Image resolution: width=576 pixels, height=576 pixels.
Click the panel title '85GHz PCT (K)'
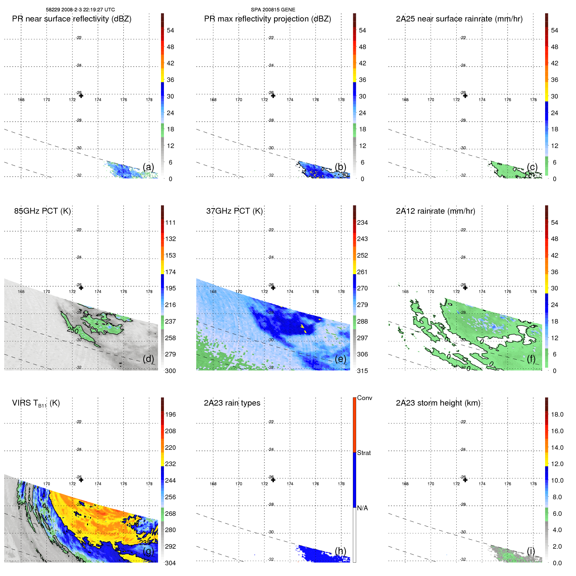42,211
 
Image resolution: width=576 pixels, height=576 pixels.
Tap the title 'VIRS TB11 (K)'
36,403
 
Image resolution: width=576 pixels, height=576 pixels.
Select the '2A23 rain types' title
232,403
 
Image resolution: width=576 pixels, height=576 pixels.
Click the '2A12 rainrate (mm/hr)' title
435,211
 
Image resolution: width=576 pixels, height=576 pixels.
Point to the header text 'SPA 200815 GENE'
273,10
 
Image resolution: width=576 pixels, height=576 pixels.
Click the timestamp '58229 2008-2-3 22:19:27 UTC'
80,10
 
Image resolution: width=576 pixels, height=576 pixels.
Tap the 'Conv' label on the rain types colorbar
365,398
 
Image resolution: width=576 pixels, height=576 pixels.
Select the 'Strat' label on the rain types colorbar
364,453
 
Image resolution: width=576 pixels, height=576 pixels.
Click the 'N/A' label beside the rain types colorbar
362,508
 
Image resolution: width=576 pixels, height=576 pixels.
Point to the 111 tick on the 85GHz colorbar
170,223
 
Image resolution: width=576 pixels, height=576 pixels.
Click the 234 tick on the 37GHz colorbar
362,223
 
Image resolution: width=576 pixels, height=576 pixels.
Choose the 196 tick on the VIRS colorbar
170,415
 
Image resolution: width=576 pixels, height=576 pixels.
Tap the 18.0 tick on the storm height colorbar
557,415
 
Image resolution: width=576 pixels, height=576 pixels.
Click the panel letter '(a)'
148,167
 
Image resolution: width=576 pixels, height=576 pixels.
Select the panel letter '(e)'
341,359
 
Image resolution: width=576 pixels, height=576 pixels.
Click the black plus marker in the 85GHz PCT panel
81,288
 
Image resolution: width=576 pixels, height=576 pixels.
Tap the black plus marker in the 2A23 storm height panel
465,480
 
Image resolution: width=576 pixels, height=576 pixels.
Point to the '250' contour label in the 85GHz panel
73,330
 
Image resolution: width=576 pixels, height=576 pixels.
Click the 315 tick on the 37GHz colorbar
362,371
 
